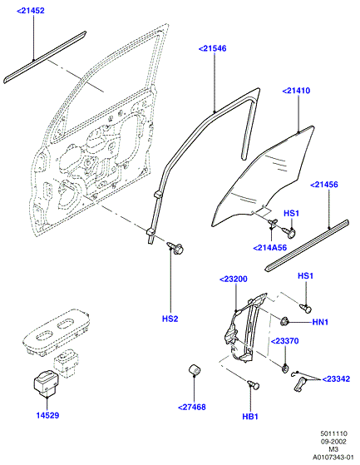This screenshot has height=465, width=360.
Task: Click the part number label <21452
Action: (x=31, y=11)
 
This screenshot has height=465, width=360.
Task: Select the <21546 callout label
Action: (x=213, y=48)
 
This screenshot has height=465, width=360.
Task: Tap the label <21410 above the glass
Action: (x=296, y=91)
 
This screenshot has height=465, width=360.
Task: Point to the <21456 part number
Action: (x=324, y=185)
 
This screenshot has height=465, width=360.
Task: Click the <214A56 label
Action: (x=270, y=247)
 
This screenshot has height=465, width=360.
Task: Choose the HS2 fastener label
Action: (x=170, y=319)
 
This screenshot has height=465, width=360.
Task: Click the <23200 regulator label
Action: (x=234, y=279)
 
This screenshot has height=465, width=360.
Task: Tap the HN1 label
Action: (x=320, y=322)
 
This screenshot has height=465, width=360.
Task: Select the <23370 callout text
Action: (x=284, y=341)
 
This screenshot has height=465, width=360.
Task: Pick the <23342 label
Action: (x=336, y=379)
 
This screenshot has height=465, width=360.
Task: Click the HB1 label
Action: (x=250, y=417)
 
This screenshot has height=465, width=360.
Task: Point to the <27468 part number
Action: (x=192, y=407)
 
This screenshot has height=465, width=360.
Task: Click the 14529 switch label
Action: (x=47, y=415)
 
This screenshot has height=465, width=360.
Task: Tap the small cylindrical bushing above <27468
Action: (x=195, y=369)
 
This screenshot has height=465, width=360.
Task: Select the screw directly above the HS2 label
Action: (x=175, y=247)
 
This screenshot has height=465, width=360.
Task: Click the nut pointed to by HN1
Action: (x=285, y=321)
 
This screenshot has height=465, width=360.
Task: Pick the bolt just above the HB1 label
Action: (x=254, y=385)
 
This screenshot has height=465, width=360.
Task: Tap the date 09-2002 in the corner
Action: (x=333, y=442)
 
